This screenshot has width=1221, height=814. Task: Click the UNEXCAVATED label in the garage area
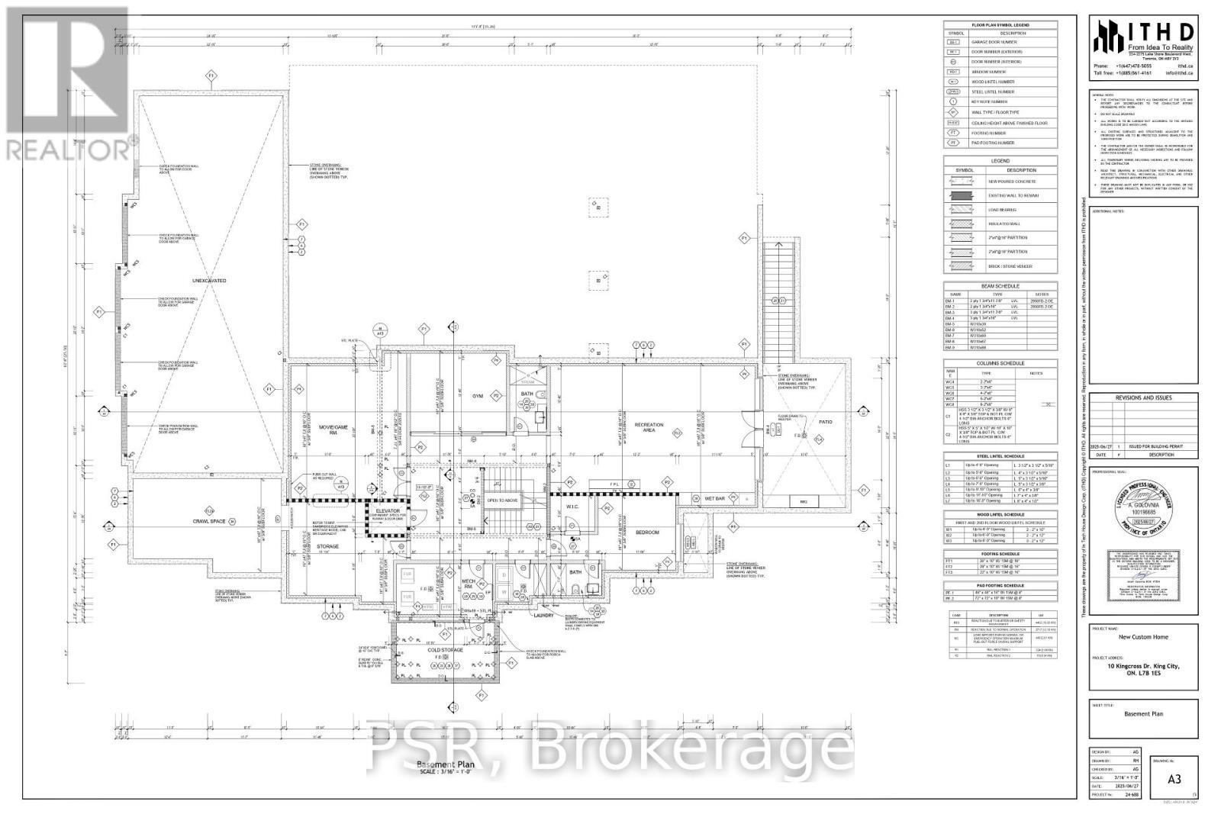[208, 281]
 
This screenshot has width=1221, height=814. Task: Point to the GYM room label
[478, 396]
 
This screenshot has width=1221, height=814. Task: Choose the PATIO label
[825, 421]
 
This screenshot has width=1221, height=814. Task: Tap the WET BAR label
[714, 498]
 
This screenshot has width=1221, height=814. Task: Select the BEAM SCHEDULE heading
[1000, 286]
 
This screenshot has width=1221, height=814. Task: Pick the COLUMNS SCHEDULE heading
[1000, 363]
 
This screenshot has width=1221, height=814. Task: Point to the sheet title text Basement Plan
[1142, 714]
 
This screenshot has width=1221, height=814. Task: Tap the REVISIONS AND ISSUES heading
[1142, 397]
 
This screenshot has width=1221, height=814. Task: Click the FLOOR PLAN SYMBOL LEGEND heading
[1000, 25]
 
